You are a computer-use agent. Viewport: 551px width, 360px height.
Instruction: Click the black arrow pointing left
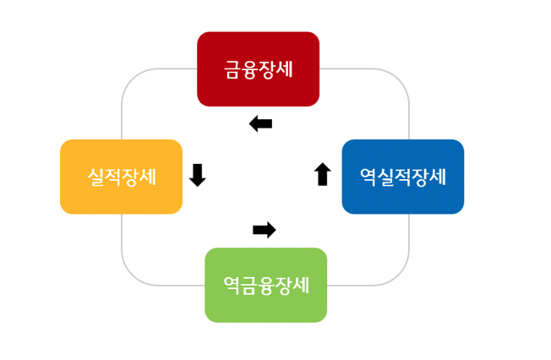[x=261, y=124]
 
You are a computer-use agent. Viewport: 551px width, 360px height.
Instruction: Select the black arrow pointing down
[x=198, y=175]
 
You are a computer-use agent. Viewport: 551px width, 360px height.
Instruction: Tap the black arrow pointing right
[x=265, y=230]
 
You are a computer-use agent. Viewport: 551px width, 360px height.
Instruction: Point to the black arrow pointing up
[x=322, y=175]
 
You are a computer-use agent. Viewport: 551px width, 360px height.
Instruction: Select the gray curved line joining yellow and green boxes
[x=135, y=270]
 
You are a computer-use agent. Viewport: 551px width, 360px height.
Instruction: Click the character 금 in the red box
[x=232, y=69]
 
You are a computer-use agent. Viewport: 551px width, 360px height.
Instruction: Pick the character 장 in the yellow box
[x=130, y=177]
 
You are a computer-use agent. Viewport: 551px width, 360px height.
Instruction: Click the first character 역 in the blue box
[x=368, y=177]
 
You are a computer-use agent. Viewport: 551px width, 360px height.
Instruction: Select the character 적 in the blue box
[x=402, y=177]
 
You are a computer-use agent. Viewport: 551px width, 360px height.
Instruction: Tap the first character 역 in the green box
[x=232, y=285]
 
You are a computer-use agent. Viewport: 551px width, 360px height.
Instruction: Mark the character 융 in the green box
[x=265, y=285]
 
